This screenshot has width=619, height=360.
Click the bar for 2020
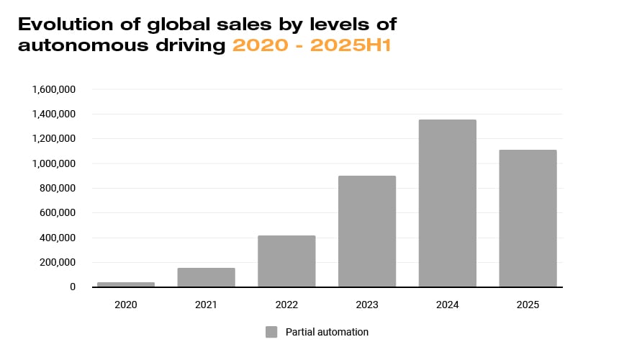(x=126, y=284)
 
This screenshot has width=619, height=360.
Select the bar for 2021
(x=206, y=277)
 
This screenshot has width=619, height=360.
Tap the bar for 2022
(x=286, y=261)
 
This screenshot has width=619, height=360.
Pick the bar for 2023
(x=367, y=231)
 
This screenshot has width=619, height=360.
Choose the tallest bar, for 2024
(x=447, y=203)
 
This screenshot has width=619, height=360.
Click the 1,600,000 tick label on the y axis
(x=54, y=89)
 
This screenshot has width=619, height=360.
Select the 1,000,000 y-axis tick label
(x=54, y=163)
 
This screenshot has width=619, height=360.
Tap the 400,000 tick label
(x=59, y=238)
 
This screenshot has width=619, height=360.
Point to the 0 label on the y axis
(x=72, y=287)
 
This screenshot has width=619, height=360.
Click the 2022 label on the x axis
(x=286, y=305)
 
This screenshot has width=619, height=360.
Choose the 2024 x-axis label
(x=447, y=305)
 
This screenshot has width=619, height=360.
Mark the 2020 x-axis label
(x=126, y=305)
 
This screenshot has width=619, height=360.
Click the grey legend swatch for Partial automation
(x=271, y=332)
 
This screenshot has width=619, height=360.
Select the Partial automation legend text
(x=327, y=332)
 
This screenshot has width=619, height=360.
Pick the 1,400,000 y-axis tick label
(x=54, y=114)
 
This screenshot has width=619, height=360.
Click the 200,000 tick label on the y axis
(x=59, y=262)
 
